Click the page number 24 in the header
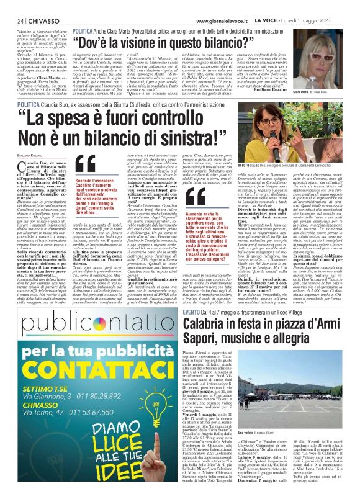point(20,20)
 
